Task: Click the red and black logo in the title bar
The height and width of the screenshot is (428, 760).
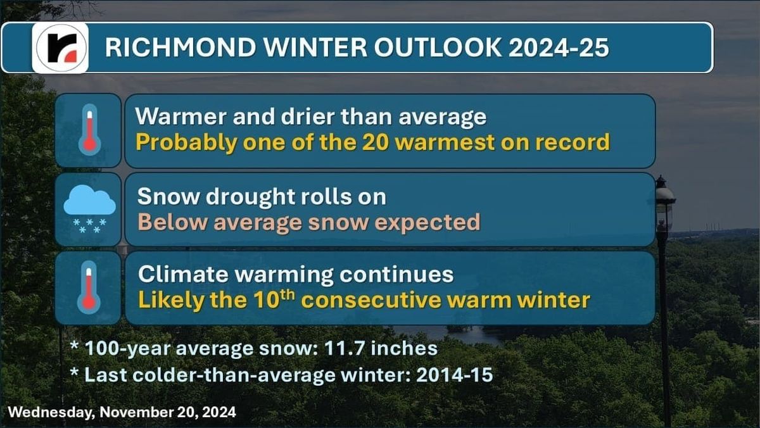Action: tap(61, 47)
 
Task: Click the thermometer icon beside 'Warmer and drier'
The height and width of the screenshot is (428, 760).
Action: tap(89, 130)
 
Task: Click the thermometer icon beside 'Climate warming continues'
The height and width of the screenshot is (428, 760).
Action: tap(89, 287)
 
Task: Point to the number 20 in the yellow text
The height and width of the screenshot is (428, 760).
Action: tap(377, 142)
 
